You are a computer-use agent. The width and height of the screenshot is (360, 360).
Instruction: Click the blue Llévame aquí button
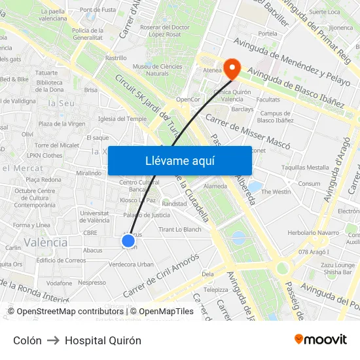(x=179, y=160)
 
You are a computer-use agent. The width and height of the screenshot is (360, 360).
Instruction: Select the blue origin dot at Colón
(x=128, y=241)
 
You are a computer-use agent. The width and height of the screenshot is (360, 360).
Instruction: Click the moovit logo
(x=321, y=340)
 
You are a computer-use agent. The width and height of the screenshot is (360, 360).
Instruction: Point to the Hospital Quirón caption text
(x=103, y=340)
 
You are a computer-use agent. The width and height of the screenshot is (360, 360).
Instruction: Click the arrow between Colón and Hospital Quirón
(x=53, y=340)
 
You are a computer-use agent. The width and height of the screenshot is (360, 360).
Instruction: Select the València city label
(x=45, y=242)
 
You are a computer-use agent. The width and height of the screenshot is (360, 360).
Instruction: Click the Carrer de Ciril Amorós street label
(x=160, y=274)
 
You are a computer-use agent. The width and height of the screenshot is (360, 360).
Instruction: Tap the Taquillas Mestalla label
(x=305, y=168)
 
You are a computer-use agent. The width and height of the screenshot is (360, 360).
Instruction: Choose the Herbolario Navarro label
(x=313, y=232)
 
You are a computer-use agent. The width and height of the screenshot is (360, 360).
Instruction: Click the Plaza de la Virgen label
(x=62, y=124)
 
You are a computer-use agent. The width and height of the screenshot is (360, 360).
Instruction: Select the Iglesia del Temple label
(x=122, y=119)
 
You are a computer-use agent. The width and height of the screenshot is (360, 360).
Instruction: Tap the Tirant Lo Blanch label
(x=180, y=230)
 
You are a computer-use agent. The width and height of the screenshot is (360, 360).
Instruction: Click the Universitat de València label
(x=94, y=217)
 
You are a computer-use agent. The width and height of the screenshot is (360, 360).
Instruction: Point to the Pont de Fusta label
(x=98, y=10)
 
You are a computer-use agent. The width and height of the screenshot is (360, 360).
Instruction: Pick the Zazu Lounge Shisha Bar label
(x=337, y=268)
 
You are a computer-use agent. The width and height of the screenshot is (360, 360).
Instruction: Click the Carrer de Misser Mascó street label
(x=248, y=129)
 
